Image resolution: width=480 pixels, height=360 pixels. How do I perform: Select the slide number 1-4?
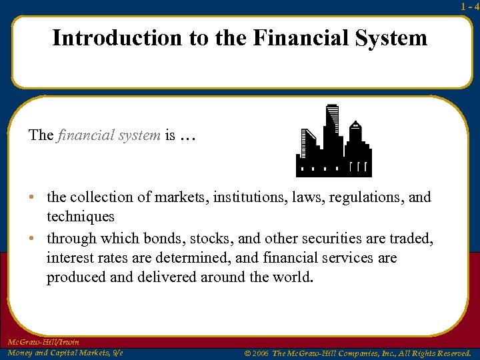pos(469,6)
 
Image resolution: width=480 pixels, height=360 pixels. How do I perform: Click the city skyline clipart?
pos(333,141)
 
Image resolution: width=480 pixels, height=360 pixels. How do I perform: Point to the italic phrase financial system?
pos(109,135)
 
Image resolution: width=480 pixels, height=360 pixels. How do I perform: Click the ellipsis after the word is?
pos(189,136)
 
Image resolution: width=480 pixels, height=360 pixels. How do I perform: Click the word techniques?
pos(80,217)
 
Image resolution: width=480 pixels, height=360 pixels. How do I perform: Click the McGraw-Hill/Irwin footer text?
pos(42,341)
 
